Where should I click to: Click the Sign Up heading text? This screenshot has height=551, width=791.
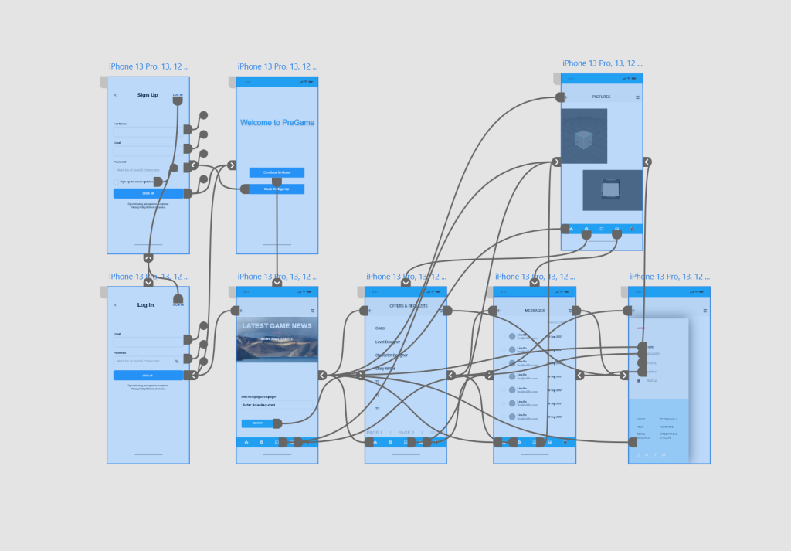pos(148,95)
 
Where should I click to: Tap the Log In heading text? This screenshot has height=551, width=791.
pos(146,305)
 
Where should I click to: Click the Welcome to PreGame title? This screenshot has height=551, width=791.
pos(277,123)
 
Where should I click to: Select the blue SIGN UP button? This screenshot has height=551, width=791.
pos(148,193)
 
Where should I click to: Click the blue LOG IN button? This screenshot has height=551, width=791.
pos(148,376)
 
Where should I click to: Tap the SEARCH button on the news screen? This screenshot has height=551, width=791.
pos(257,423)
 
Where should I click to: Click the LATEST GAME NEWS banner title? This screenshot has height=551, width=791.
pos(277,326)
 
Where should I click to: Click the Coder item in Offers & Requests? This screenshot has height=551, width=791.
pos(381,328)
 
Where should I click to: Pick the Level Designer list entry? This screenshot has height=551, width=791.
pos(389,342)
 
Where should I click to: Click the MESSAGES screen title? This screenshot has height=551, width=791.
pos(535,311)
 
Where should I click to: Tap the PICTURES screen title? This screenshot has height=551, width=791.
pos(601,97)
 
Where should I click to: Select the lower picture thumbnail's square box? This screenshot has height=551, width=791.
pos(610,189)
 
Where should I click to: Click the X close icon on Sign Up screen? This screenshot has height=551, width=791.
pos(115,95)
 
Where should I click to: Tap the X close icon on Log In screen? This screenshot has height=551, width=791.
pos(115,305)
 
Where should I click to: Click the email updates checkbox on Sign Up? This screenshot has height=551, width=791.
pos(117,182)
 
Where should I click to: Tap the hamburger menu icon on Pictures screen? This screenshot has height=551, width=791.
pos(637,97)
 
